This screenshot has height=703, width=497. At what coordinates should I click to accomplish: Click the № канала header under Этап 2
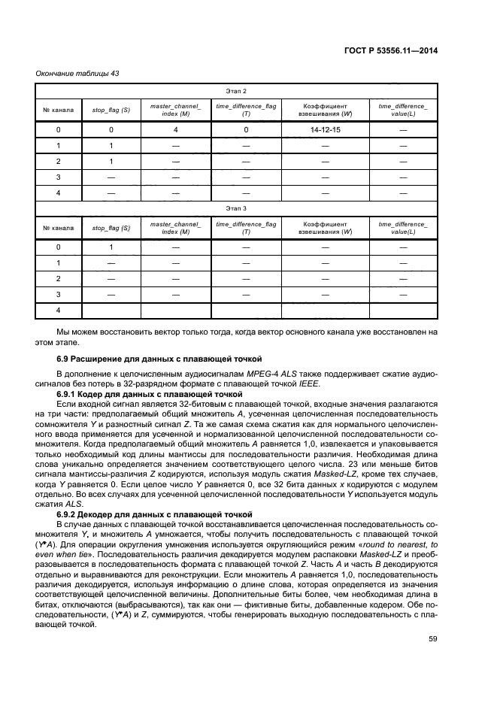(58, 110)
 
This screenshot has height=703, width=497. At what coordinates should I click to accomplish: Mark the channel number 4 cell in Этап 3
(58, 310)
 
